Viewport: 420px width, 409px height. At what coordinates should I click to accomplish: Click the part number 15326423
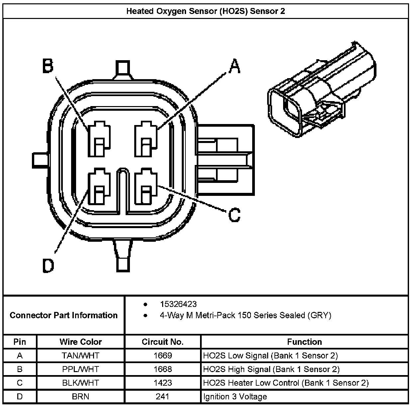178,304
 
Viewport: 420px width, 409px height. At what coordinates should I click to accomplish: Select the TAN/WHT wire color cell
80,355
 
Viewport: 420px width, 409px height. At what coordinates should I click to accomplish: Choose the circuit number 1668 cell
162,369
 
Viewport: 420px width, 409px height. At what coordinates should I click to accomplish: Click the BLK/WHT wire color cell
80,383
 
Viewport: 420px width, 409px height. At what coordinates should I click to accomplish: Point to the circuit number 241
162,396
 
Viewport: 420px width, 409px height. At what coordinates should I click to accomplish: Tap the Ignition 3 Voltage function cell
235,396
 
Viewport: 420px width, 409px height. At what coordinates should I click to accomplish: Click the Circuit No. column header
162,342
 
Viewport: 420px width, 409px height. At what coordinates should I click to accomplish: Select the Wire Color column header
80,342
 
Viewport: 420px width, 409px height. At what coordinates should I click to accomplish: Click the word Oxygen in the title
165,11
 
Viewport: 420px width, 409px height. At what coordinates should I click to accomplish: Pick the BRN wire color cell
80,396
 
